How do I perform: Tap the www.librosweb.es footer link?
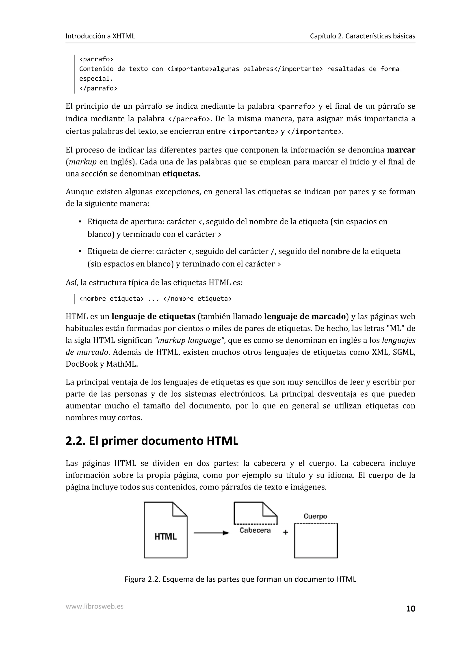[94, 606]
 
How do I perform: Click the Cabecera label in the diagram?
[255, 530]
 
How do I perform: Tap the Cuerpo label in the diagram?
[315, 516]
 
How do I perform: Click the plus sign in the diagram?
[286, 533]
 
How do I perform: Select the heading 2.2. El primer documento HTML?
[152, 441]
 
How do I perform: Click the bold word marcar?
[401, 150]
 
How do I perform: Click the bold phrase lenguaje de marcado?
[305, 317]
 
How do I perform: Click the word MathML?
[122, 364]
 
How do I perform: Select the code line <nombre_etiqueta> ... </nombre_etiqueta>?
[155, 299]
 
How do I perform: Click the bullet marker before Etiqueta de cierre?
[80, 251]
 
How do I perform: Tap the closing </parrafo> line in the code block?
[98, 88]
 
